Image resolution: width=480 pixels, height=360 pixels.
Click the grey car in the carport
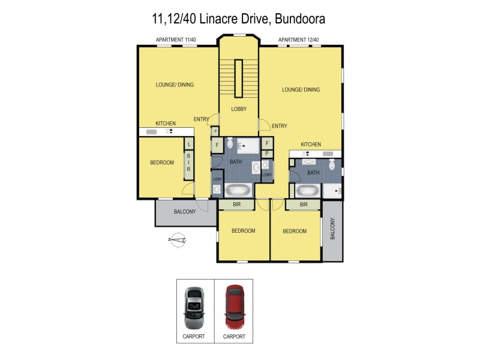pyautogui.click(x=194, y=306)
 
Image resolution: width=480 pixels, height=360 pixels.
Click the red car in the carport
pyautogui.click(x=235, y=306)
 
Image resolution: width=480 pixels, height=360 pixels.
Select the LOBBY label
pyautogui.click(x=239, y=109)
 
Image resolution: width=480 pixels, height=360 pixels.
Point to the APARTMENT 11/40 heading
pyautogui.click(x=176, y=40)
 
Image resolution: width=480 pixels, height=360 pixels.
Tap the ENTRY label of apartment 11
pyautogui.click(x=201, y=118)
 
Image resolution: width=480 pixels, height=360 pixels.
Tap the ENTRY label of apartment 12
pyautogui.click(x=279, y=125)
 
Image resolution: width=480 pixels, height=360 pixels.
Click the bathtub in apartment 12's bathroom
pyautogui.click(x=307, y=191)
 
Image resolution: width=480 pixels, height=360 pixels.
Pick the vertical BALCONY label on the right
pyautogui.click(x=332, y=229)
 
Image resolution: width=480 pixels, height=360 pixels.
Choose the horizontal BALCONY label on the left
pyautogui.click(x=185, y=212)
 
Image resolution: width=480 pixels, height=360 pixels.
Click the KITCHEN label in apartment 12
pyautogui.click(x=311, y=144)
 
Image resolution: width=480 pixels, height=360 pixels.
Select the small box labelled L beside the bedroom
pyautogui.click(x=188, y=145)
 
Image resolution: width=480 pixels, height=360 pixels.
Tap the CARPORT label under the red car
pyautogui.click(x=235, y=337)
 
